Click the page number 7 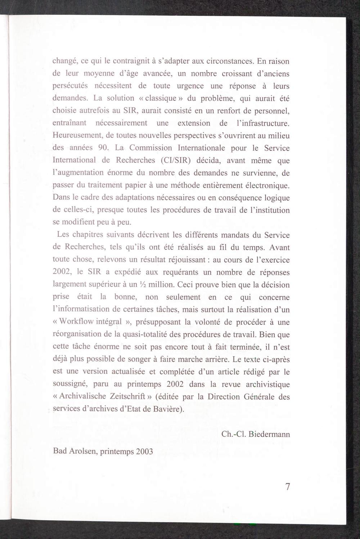[287, 487]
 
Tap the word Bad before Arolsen [59, 451]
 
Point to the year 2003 [144, 451]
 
